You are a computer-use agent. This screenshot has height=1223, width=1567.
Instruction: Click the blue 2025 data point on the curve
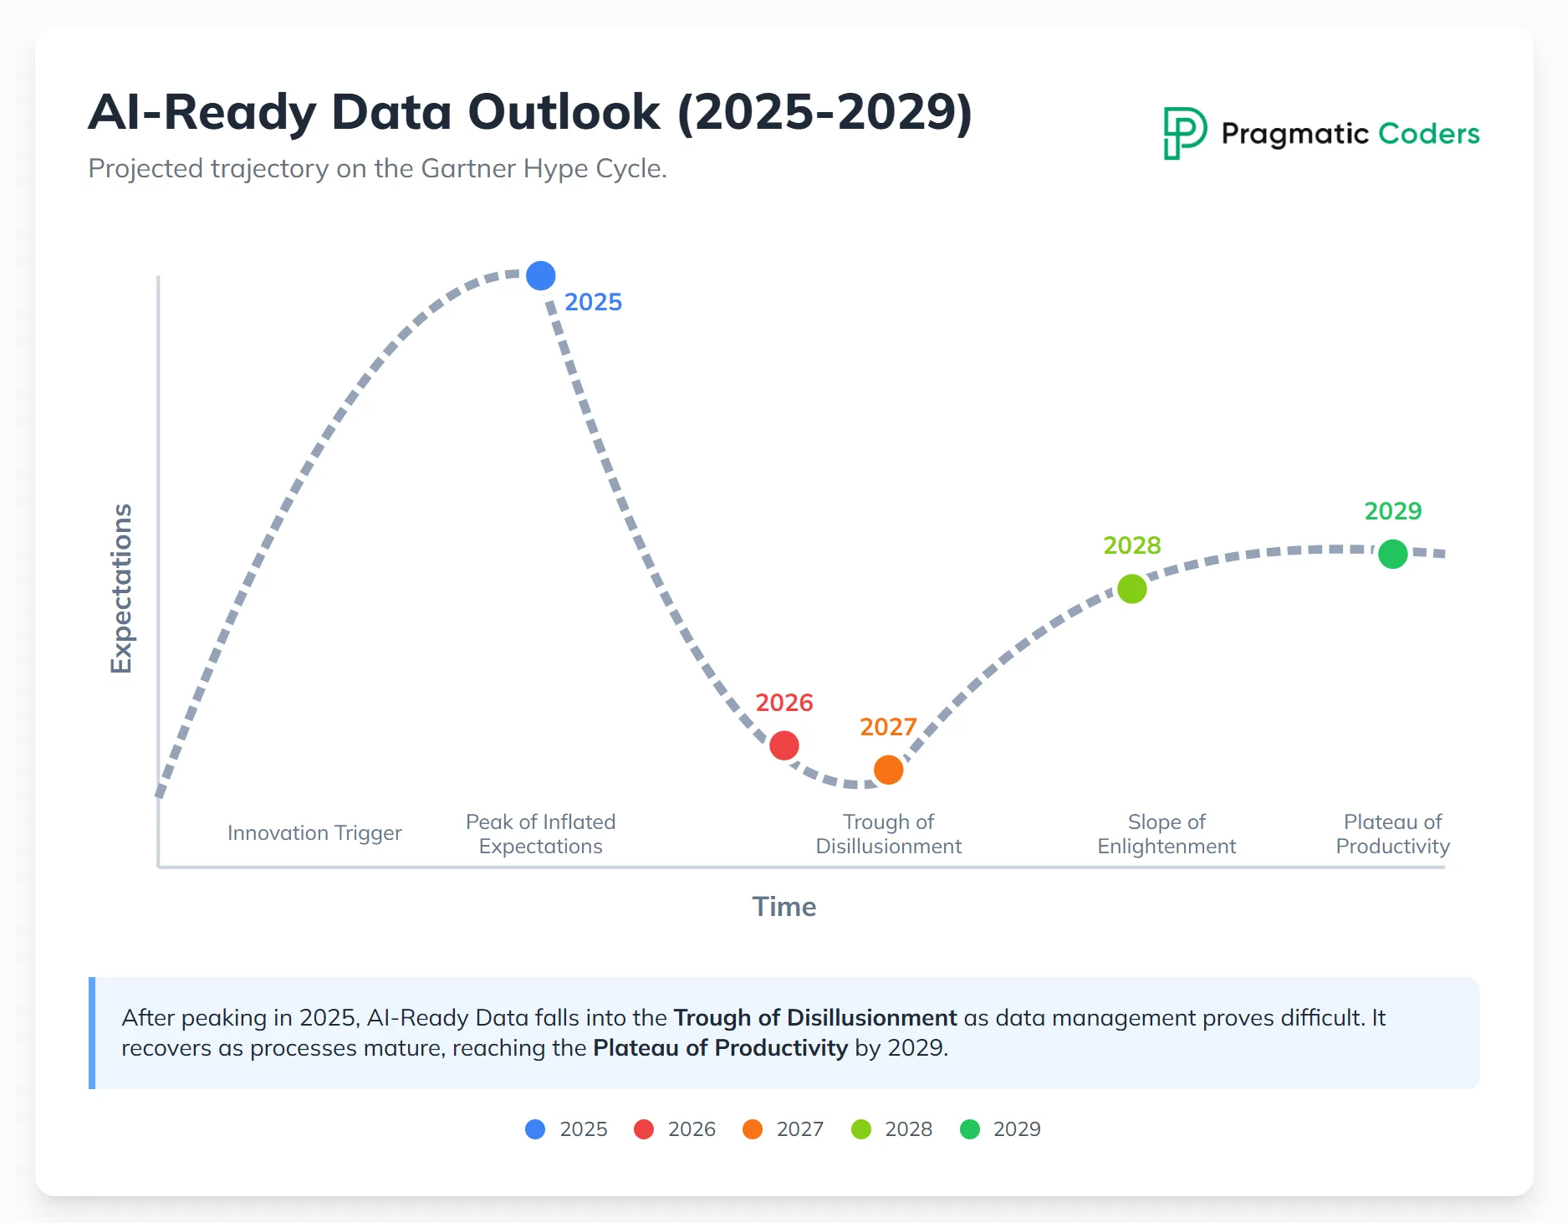pos(541,275)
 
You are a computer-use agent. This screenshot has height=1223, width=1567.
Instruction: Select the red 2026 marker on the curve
pos(784,745)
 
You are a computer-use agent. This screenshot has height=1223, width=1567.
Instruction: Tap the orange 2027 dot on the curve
pos(888,769)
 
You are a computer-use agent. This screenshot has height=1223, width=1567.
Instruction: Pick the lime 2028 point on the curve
pos(1131,589)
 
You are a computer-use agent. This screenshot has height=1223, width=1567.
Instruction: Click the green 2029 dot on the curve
pos(1392,553)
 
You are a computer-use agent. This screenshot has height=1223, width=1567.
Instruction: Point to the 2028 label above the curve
pos(1131,545)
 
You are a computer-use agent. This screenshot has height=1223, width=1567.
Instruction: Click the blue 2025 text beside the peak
pos(593,302)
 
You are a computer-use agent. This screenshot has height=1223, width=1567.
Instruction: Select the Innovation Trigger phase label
pos(314,833)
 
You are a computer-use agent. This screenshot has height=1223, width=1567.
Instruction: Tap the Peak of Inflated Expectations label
pos(540,834)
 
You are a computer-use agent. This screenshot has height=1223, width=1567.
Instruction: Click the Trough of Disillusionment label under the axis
pos(888,834)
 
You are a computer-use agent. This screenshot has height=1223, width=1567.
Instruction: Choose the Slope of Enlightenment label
pos(1166,834)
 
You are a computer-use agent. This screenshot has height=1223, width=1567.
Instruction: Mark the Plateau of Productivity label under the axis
pos(1392,834)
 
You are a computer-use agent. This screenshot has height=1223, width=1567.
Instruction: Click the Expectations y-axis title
pos(122,588)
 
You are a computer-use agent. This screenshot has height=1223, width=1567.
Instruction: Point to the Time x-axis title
pos(783,907)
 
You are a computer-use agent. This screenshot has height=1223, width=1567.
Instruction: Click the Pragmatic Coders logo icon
pos(1184,133)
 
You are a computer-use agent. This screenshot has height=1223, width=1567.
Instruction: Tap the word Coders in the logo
pos(1428,134)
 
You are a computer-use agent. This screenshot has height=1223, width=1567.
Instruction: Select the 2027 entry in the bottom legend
pos(783,1129)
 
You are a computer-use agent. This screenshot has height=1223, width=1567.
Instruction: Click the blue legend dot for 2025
pos(535,1129)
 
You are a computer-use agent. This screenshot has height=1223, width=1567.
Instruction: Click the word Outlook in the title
pos(564,112)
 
